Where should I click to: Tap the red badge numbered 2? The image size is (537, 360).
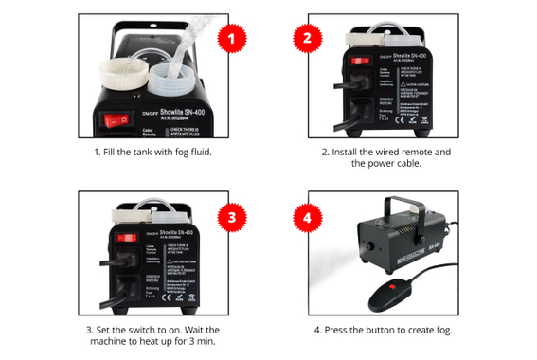[306, 39]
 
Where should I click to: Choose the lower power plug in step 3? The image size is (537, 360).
[123, 285]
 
